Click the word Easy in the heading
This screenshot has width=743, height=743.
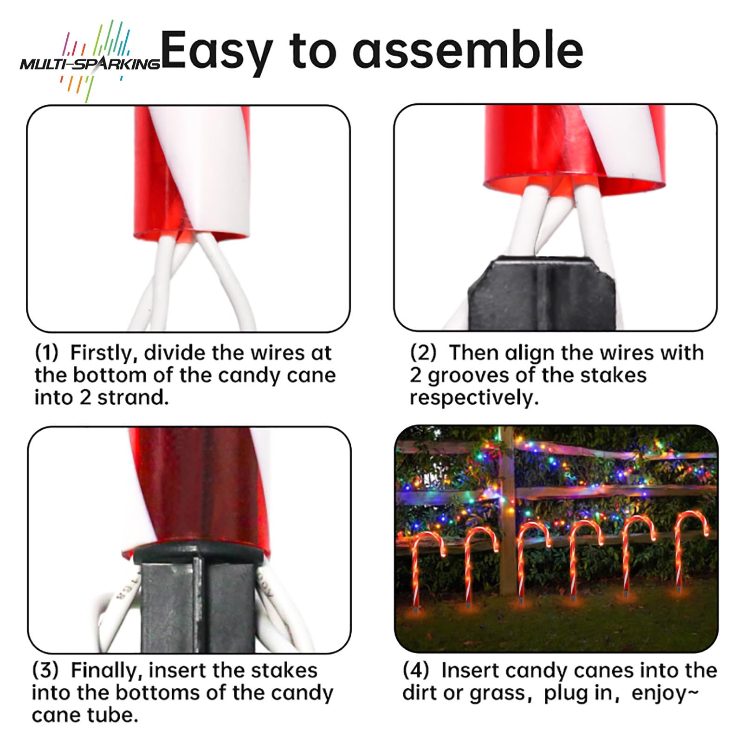[x=218, y=51]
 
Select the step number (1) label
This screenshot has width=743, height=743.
[x=47, y=354]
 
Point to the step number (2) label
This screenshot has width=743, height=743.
[x=423, y=354]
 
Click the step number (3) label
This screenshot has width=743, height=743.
[x=45, y=671]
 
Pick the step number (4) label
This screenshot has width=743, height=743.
[x=415, y=671]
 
